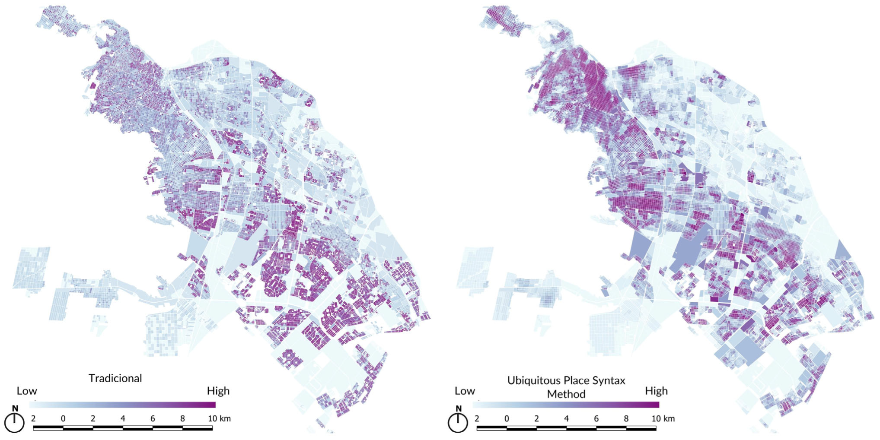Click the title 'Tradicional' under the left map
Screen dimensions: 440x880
[115, 378]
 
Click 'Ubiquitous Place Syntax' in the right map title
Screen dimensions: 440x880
[566, 380]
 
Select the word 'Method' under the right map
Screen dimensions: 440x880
[566, 394]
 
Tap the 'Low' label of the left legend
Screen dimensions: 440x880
[27, 391]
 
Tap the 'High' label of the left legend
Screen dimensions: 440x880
[218, 391]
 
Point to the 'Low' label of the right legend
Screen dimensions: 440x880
[465, 391]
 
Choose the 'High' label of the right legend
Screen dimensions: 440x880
[656, 391]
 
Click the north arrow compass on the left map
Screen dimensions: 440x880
[14, 422]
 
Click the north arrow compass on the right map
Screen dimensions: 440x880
[458, 422]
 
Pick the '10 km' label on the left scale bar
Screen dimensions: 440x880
[219, 418]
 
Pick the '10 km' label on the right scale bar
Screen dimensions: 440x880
[663, 418]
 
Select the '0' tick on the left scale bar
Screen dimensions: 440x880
[63, 418]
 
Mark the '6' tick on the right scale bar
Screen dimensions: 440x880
[596, 418]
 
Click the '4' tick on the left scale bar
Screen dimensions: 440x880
[123, 418]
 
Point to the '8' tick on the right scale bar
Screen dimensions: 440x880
[626, 418]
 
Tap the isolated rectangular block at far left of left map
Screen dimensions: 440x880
[31, 268]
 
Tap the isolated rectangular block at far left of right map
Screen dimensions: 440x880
[475, 268]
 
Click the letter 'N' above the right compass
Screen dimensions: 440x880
[459, 408]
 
